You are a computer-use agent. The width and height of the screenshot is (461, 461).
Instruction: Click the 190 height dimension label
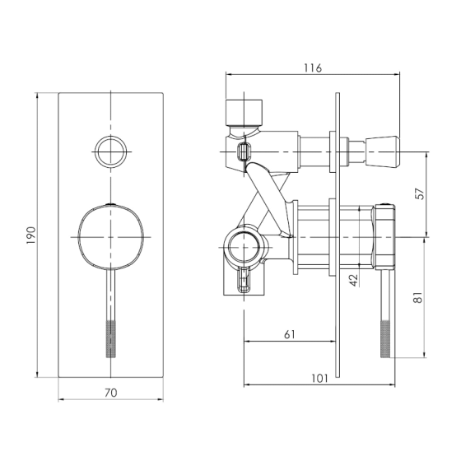click(x=31, y=235)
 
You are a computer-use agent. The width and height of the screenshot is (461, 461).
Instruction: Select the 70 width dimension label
click(x=111, y=393)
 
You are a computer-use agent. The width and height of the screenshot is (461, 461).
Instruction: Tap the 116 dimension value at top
click(x=313, y=68)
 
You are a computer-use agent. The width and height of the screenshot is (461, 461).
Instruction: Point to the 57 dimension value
click(x=421, y=193)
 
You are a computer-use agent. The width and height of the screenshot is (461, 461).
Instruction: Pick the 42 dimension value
click(x=354, y=280)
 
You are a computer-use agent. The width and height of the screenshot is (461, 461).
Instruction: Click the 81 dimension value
click(x=417, y=297)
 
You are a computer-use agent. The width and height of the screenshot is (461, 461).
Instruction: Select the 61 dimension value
click(x=290, y=334)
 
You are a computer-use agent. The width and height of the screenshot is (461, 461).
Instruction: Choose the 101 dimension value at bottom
click(x=319, y=378)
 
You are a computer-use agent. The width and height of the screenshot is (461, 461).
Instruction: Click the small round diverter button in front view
click(x=111, y=152)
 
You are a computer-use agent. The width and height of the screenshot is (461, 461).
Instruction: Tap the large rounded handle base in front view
click(x=111, y=237)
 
